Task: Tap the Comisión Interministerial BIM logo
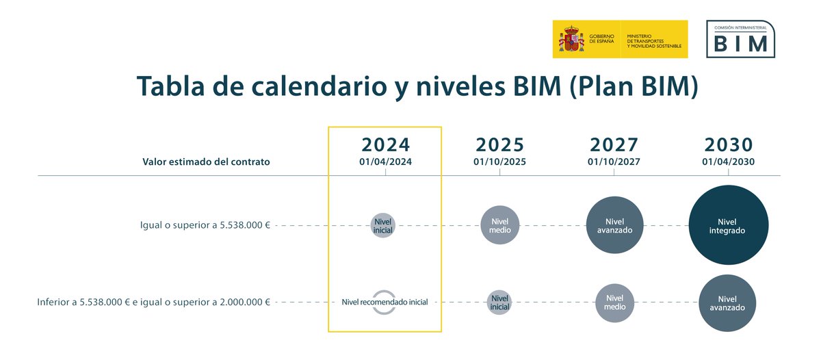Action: (740, 39)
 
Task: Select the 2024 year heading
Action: (385, 145)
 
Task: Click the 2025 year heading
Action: (499, 145)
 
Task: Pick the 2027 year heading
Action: (614, 145)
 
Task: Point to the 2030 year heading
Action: (728, 145)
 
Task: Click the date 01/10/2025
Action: (499, 162)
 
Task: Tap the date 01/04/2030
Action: (728, 162)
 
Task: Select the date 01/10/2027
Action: (614, 162)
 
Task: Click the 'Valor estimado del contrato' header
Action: (206, 162)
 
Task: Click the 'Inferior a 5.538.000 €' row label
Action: (154, 302)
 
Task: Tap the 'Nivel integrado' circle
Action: (728, 225)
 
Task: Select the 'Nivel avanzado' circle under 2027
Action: (614, 225)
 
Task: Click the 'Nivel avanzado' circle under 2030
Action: (727, 303)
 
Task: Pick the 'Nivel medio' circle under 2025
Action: (500, 225)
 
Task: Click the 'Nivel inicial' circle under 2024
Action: (384, 226)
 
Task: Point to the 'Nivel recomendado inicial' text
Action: (385, 302)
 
